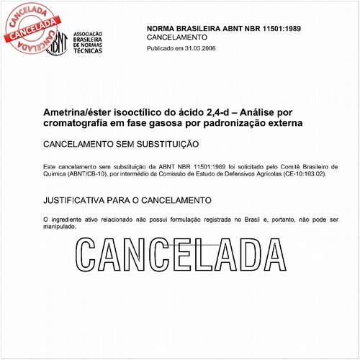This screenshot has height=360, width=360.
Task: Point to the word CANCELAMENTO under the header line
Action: (177, 37)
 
